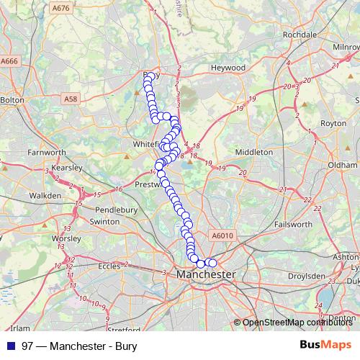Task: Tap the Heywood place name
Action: pyautogui.click(x=228, y=68)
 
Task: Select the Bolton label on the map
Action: pyautogui.click(x=12, y=101)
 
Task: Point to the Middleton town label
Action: pyautogui.click(x=254, y=152)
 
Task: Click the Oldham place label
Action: pyautogui.click(x=343, y=165)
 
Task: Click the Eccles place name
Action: pyautogui.click(x=109, y=266)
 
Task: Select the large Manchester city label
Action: pyautogui.click(x=205, y=275)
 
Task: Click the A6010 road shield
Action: pyautogui.click(x=223, y=235)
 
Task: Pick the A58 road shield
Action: pyautogui.click(x=70, y=98)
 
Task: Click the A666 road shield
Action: pyautogui.click(x=9, y=61)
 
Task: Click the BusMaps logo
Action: pyautogui.click(x=325, y=345)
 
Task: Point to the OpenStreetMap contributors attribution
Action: pyautogui.click(x=294, y=323)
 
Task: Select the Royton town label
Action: pyautogui.click(x=333, y=123)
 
